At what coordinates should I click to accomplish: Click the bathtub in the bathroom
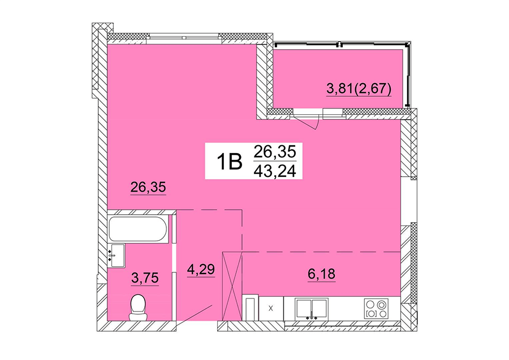click(139, 229)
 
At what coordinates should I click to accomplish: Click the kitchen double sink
click(312, 309)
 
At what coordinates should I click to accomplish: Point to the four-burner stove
click(376, 309)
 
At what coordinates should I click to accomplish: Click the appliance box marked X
click(271, 309)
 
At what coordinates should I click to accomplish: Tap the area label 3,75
click(145, 279)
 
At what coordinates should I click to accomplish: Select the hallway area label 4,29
click(201, 270)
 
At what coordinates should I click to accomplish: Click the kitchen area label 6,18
click(321, 275)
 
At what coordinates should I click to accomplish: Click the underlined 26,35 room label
click(148, 188)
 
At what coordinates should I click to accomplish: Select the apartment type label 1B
click(229, 162)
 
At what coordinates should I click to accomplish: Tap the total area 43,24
click(275, 170)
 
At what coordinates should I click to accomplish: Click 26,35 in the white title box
click(275, 151)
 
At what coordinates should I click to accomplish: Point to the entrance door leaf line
click(195, 314)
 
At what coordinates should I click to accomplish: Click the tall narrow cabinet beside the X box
click(251, 307)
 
